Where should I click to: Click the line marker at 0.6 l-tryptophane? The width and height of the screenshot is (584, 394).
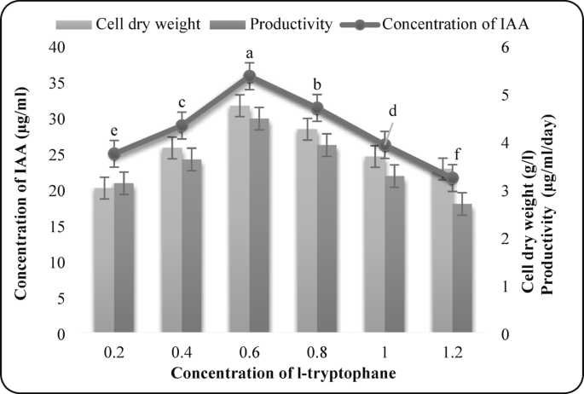click(250, 76)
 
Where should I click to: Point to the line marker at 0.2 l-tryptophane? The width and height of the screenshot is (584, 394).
click(114, 154)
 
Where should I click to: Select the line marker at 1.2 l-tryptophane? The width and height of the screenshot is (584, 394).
click(453, 177)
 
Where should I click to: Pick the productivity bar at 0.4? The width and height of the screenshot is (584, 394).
click(192, 246)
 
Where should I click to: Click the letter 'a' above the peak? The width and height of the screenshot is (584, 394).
click(250, 52)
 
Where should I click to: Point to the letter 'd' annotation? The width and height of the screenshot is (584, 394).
click(392, 111)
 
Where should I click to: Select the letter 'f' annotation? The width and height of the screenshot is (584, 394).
click(457, 154)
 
